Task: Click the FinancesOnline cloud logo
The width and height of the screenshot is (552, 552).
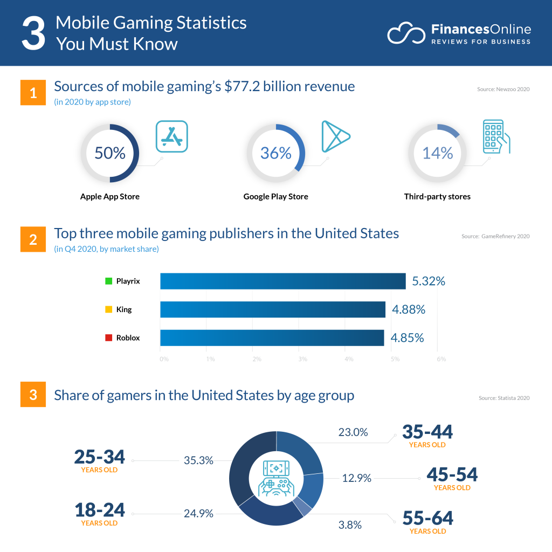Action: (406, 33)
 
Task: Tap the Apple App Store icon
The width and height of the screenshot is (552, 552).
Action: (171, 136)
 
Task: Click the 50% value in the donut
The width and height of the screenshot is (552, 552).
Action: (109, 153)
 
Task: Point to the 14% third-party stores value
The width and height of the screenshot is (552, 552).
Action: (437, 153)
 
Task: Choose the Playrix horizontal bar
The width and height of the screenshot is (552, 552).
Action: (282, 281)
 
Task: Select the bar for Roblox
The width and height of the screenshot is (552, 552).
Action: (272, 338)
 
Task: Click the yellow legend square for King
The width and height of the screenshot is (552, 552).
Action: (108, 309)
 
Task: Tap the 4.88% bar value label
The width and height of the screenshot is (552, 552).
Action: (408, 309)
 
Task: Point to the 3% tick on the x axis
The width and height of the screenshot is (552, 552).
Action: (302, 359)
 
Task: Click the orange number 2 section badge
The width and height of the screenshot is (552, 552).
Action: (33, 239)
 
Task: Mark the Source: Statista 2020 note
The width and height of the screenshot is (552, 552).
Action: (503, 398)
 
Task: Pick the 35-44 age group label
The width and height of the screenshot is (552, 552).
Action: (427, 432)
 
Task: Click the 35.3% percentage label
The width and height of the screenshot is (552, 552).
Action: (198, 461)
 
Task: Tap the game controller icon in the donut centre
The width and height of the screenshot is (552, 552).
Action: (276, 478)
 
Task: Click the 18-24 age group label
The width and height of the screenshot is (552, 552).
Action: (99, 509)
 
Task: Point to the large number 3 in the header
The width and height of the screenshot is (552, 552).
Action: (33, 33)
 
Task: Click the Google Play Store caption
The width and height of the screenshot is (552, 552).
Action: (275, 197)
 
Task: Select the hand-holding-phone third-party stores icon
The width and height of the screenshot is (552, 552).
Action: (495, 136)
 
